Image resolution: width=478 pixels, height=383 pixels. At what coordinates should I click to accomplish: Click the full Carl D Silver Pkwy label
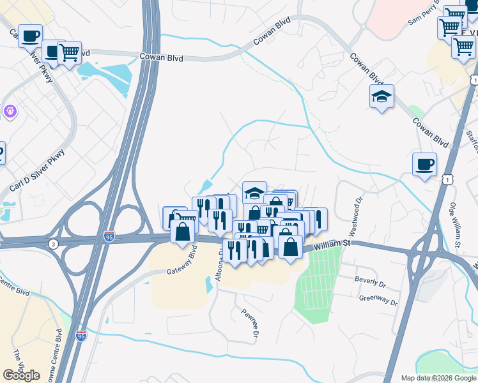(x=37, y=170)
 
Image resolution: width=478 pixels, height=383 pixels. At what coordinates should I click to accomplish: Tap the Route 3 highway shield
(x=51, y=244)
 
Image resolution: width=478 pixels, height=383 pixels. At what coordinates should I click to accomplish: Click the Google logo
(x=21, y=375)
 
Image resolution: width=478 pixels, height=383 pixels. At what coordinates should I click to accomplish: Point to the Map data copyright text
(x=438, y=378)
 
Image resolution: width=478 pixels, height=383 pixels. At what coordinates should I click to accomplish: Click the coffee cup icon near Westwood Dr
(x=424, y=165)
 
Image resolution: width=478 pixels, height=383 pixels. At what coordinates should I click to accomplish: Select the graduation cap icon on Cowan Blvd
(x=382, y=96)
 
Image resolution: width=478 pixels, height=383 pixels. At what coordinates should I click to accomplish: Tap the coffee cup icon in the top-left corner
(x=30, y=36)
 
